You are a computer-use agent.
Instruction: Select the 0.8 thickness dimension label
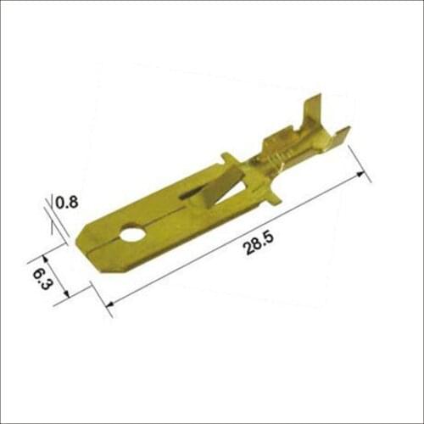(66, 202)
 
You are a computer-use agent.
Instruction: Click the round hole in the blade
(131, 231)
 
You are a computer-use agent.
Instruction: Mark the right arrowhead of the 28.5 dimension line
(365, 175)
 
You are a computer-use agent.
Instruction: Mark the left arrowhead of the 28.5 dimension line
(108, 303)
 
